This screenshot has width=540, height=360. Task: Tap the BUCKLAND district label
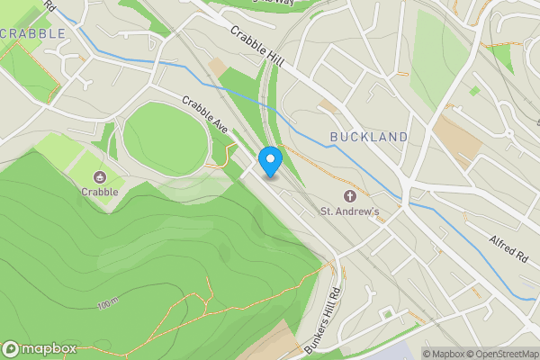pyautogui.click(x=368, y=137)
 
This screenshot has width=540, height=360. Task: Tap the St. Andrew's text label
pyautogui.click(x=351, y=211)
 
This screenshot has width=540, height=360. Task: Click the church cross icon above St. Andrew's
pyautogui.click(x=351, y=196)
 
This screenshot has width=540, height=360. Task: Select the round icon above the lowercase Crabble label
pyautogui.click(x=99, y=176)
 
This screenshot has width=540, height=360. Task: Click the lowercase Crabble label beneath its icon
pyautogui.click(x=99, y=191)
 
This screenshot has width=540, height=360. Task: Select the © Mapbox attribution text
pyautogui.click(x=443, y=354)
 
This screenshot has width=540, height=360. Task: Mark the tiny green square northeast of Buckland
pyautogui.click(x=474, y=91)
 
